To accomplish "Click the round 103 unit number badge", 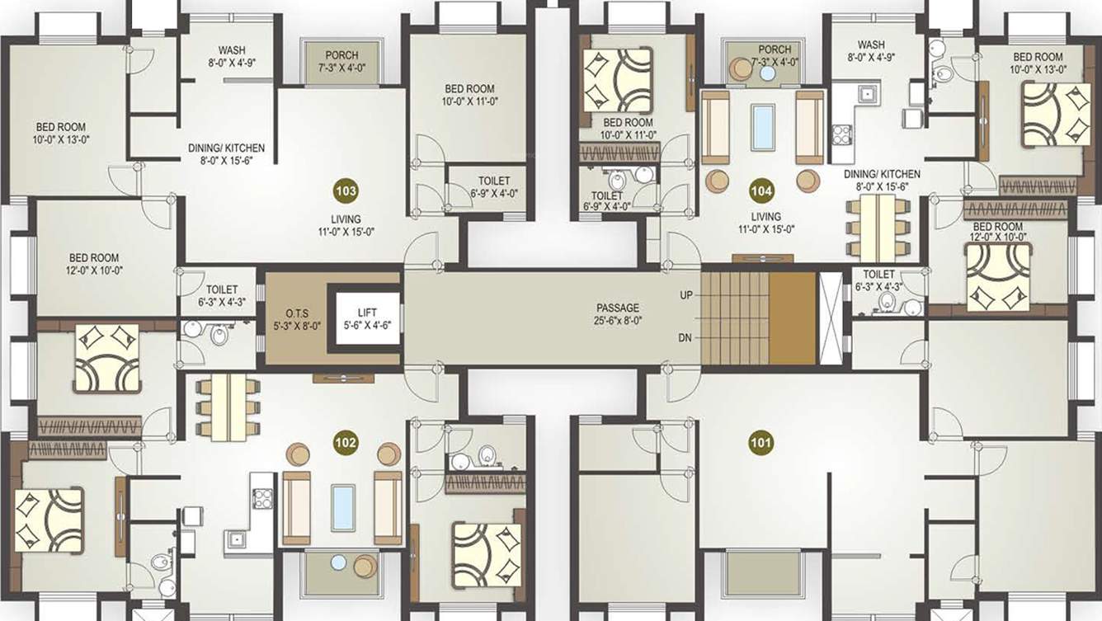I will click(x=346, y=191).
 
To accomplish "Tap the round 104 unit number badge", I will click(x=761, y=191).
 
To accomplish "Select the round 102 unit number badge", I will click(x=345, y=442).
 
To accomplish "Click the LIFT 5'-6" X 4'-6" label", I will click(x=367, y=318).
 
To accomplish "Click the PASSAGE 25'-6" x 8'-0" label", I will click(x=618, y=313).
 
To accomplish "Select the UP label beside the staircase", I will click(x=686, y=294).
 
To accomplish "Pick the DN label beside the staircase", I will click(x=686, y=337).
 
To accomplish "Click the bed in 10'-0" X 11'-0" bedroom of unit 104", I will click(x=617, y=80).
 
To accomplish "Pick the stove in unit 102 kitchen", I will click(x=262, y=497).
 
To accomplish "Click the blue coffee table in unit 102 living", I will click(x=342, y=507).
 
